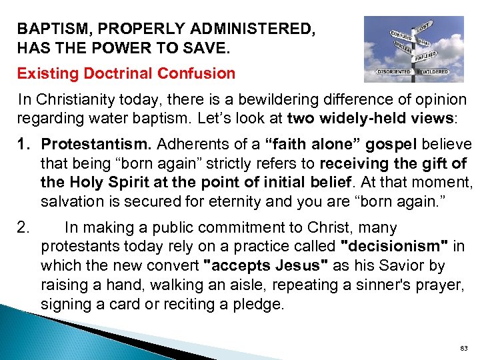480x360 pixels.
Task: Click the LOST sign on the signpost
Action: [x=424, y=29]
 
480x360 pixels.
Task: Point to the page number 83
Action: [x=464, y=349]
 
